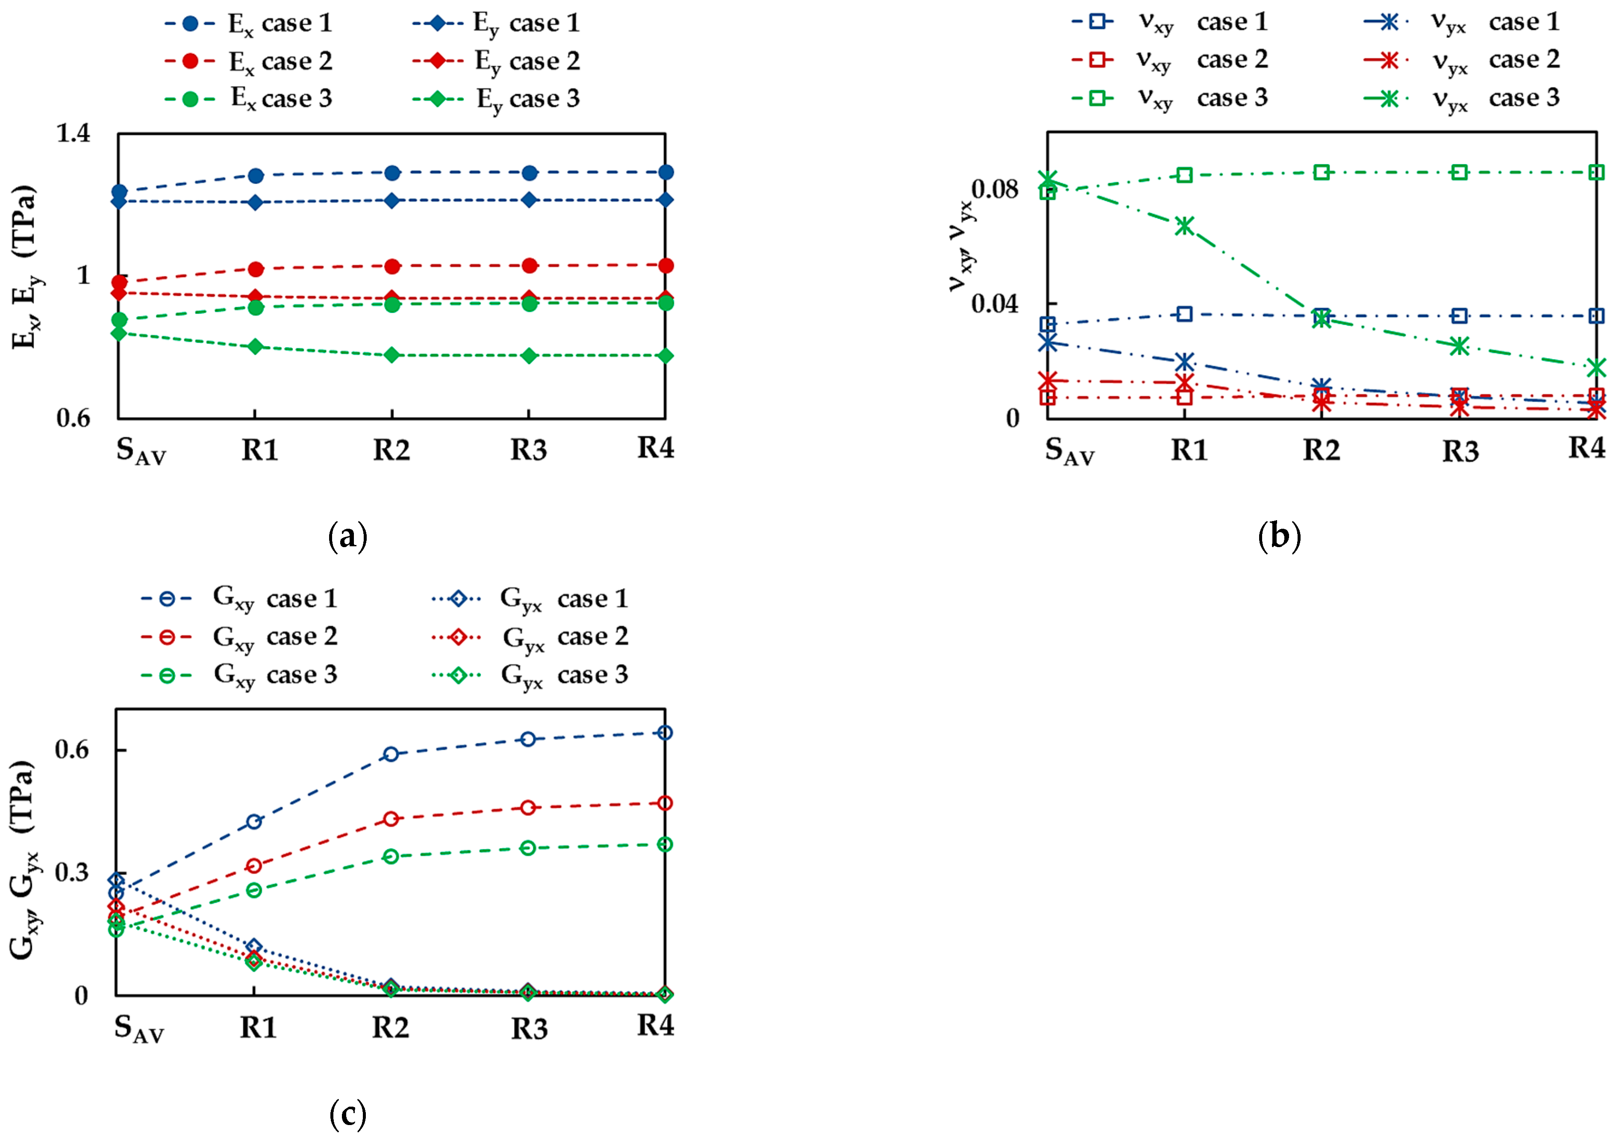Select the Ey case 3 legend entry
pyautogui.click(x=496, y=99)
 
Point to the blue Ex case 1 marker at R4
pyautogui.click(x=665, y=173)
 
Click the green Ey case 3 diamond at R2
pyautogui.click(x=392, y=355)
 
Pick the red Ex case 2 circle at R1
pyautogui.click(x=256, y=269)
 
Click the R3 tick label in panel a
pyautogui.click(x=529, y=450)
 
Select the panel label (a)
pyautogui.click(x=348, y=537)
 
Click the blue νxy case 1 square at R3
pyautogui.click(x=1460, y=315)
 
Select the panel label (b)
pyautogui.click(x=1279, y=537)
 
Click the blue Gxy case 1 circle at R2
pyautogui.click(x=391, y=754)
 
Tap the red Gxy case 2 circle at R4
pyautogui.click(x=665, y=803)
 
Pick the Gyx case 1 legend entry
pyautogui.click(x=528, y=599)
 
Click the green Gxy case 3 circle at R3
pyautogui.click(x=529, y=848)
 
